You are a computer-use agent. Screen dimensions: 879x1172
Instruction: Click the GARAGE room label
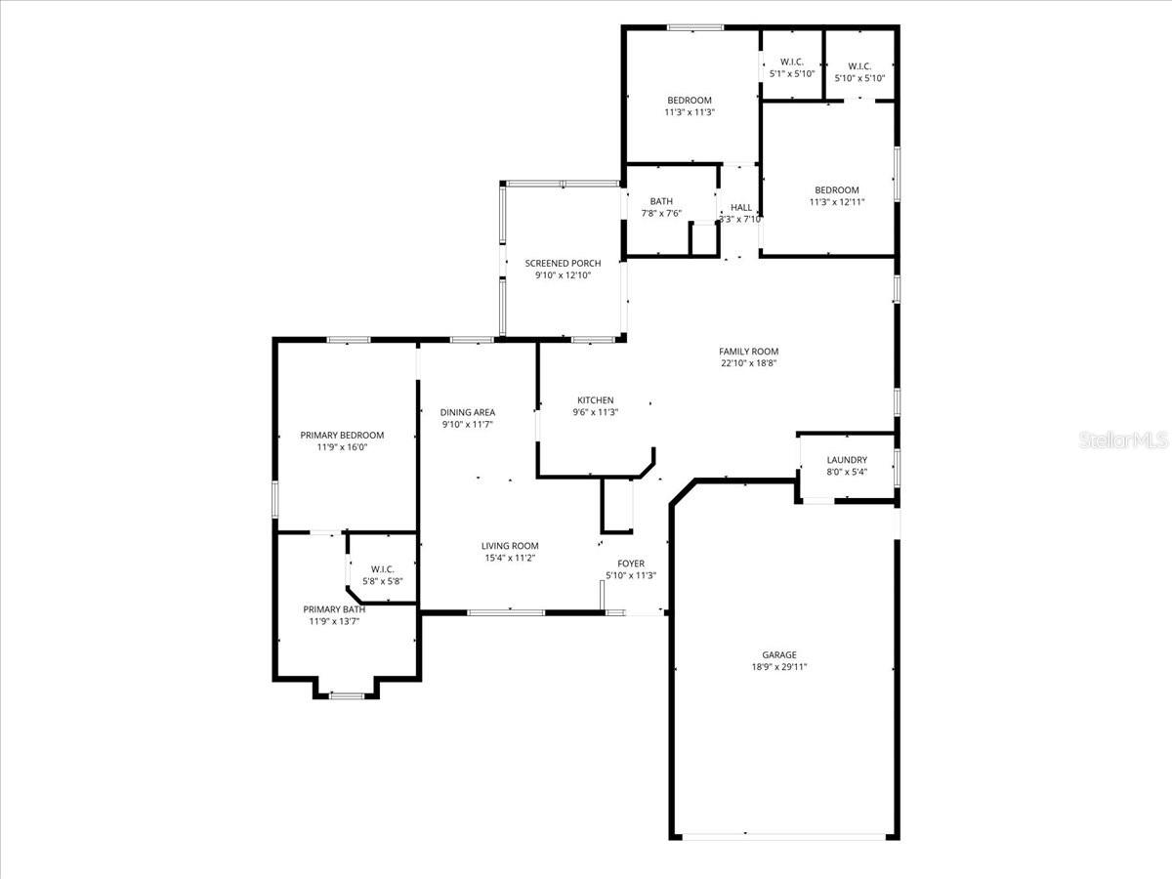(778, 654)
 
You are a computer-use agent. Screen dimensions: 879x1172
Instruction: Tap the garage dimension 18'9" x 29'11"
(778, 668)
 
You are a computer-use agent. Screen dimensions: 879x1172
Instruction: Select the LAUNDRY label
(846, 460)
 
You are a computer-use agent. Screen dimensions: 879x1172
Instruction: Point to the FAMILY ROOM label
(748, 352)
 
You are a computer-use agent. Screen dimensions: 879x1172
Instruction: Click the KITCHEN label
(595, 400)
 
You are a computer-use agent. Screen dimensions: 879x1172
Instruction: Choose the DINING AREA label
(467, 412)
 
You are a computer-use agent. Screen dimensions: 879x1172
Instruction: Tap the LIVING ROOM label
(509, 546)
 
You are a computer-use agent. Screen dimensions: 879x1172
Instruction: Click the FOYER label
(630, 564)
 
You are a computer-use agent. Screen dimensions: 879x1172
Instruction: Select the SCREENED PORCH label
(563, 264)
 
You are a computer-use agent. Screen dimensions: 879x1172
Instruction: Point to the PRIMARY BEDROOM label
(342, 436)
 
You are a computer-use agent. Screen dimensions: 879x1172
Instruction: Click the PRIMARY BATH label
(334, 609)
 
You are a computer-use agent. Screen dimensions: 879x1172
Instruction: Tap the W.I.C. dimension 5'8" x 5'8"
(382, 581)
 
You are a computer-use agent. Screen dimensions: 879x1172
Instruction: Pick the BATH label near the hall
(661, 201)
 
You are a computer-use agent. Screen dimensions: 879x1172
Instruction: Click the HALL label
(741, 207)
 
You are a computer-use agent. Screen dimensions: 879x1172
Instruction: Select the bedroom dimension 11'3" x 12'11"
(836, 202)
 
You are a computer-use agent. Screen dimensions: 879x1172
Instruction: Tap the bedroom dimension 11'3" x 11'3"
(689, 112)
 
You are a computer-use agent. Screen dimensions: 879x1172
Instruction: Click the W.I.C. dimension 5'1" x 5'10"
(791, 73)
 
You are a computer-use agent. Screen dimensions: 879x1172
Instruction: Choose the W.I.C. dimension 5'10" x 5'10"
(859, 78)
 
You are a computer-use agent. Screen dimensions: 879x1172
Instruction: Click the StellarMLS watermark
(1122, 441)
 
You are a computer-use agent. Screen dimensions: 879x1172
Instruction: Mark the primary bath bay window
(346, 695)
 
